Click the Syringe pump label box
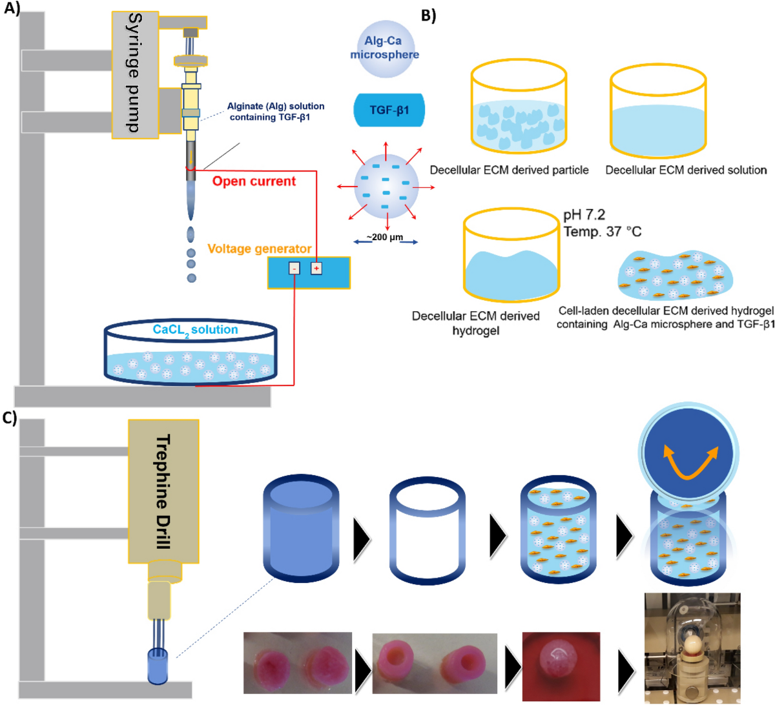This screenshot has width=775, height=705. (x=135, y=74)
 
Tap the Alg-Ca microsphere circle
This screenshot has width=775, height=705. (x=384, y=48)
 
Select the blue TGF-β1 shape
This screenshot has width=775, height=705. (x=389, y=110)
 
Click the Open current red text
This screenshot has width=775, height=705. (x=254, y=181)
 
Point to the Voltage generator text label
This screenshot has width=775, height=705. (x=259, y=249)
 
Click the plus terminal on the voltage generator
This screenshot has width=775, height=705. (x=316, y=268)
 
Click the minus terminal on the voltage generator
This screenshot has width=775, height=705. (x=294, y=268)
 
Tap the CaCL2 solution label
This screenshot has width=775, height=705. (x=195, y=330)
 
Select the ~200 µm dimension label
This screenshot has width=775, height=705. (x=386, y=238)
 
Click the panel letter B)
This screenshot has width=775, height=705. (x=428, y=15)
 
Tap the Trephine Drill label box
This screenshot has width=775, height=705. (x=163, y=491)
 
